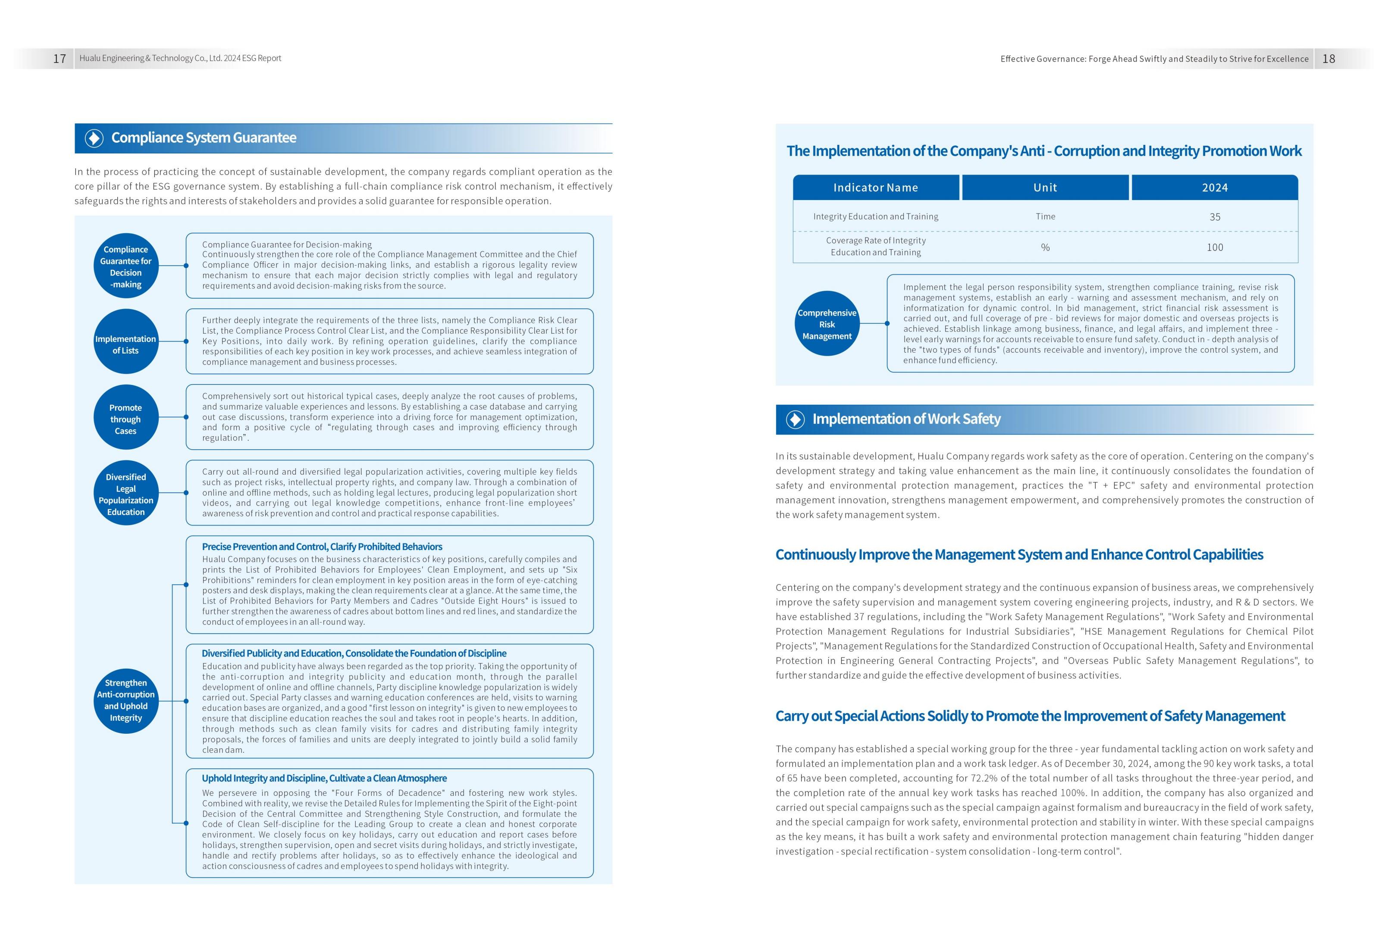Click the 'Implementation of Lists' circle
click(126, 342)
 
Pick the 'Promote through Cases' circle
click(126, 417)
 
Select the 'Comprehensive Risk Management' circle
click(827, 324)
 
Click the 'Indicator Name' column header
click(876, 188)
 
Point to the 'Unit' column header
click(1045, 188)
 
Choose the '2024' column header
click(1215, 188)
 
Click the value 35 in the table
click(1215, 217)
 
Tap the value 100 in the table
click(1215, 247)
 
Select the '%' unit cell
click(1045, 247)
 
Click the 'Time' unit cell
click(1045, 217)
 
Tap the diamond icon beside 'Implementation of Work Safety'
click(796, 419)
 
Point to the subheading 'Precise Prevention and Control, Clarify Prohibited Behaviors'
click(322, 547)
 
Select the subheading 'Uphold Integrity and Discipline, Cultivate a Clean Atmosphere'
click(324, 779)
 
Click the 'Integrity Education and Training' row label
click(876, 217)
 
